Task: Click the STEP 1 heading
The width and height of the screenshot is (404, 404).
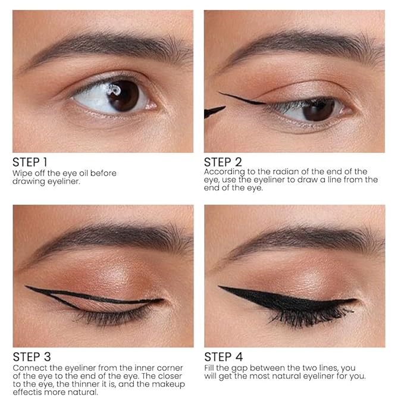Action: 30,162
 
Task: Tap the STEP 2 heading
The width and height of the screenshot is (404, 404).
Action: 223,162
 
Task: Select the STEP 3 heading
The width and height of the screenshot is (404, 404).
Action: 32,357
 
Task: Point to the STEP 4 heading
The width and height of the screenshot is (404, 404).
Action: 223,357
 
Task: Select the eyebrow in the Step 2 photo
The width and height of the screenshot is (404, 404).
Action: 304,48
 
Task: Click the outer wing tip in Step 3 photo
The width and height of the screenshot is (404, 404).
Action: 26,286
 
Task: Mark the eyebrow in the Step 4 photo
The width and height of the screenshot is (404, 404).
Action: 304,239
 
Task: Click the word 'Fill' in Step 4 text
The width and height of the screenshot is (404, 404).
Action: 209,368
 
